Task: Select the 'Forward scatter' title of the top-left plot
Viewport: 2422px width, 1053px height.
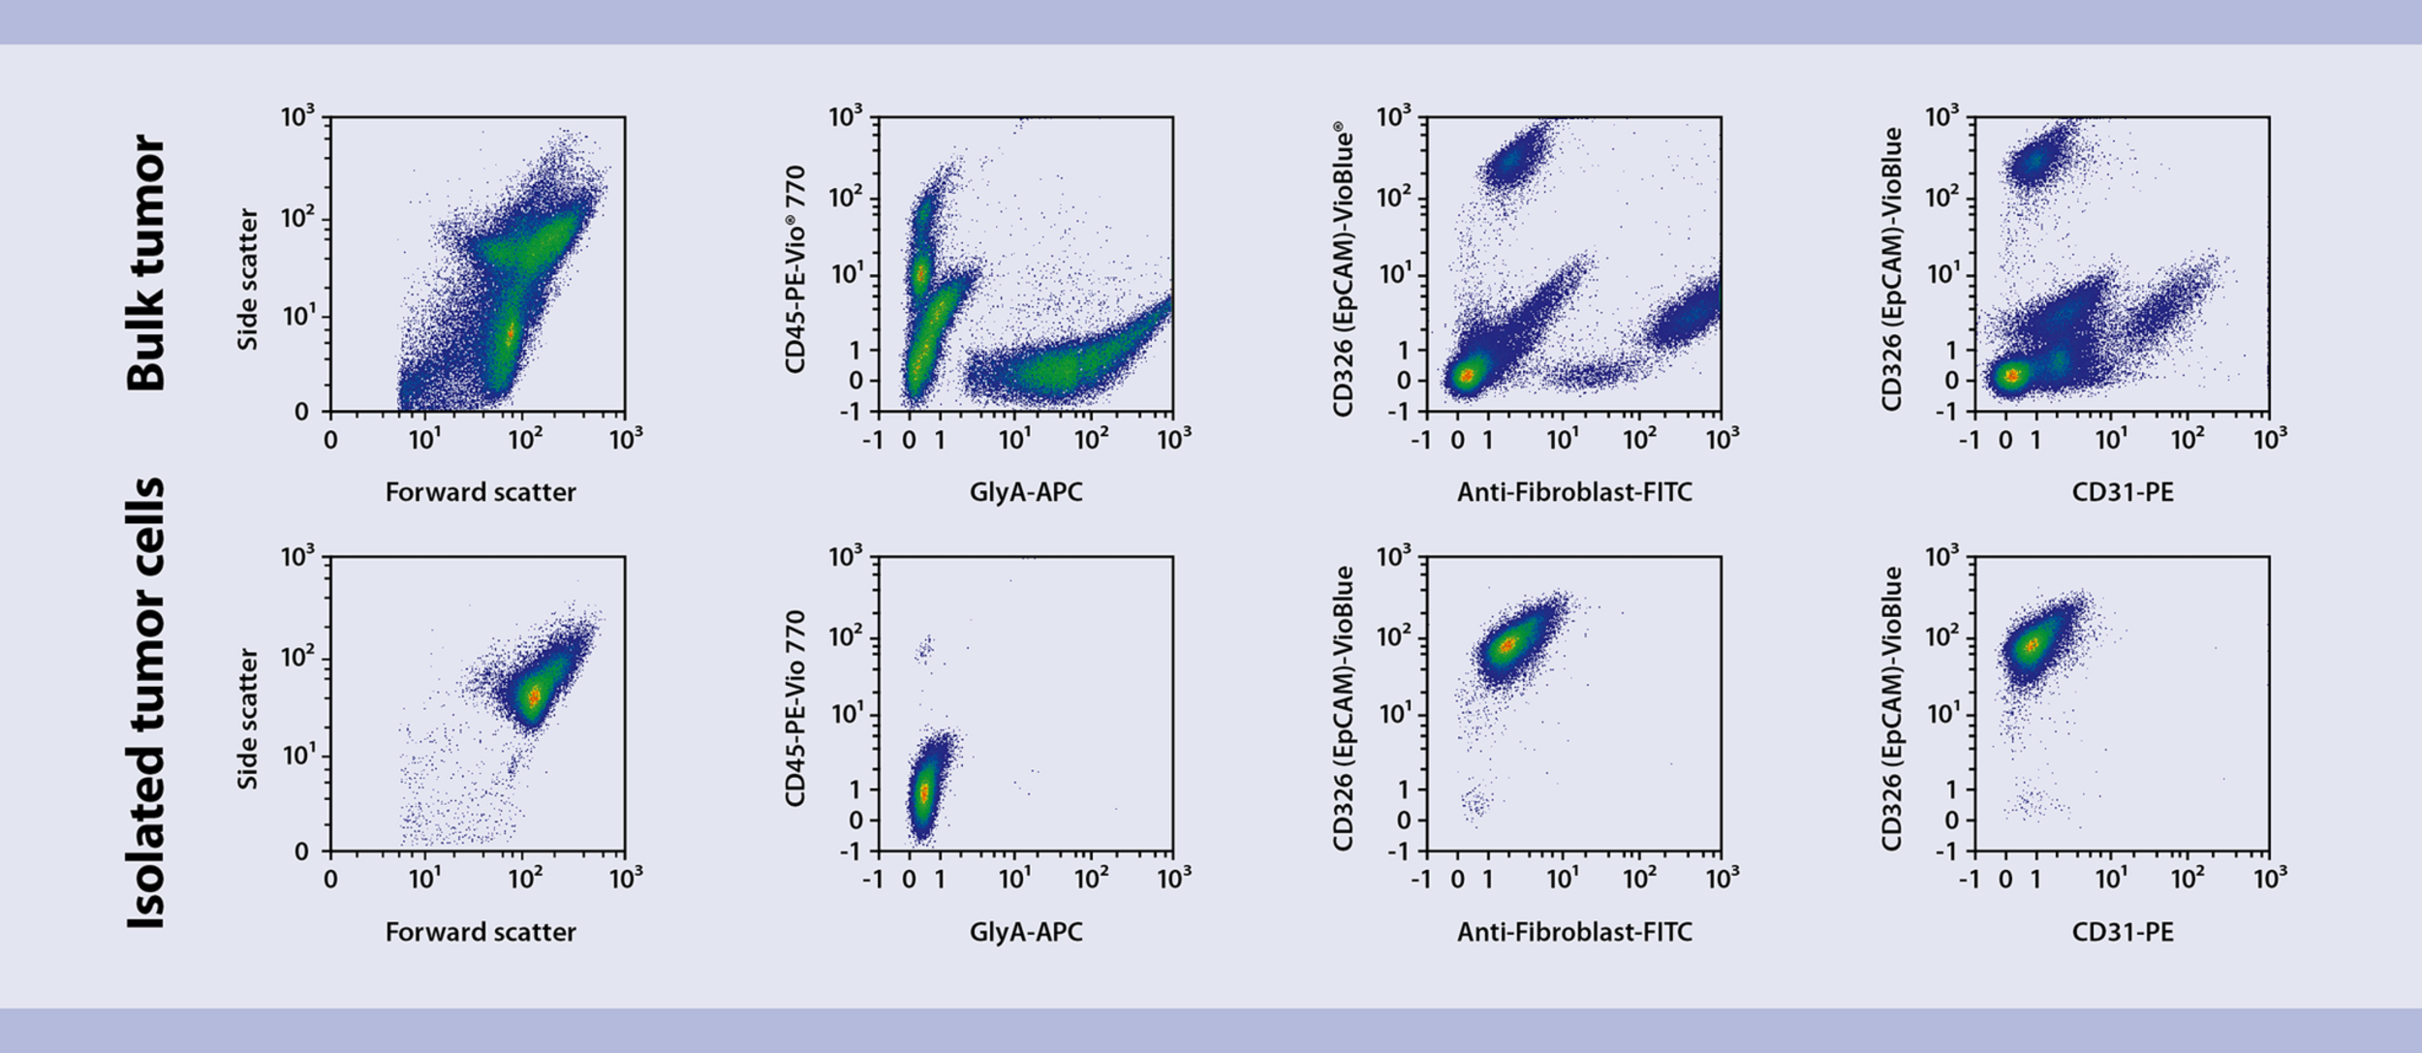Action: (481, 493)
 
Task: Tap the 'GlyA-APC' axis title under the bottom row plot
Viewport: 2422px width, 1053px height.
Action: (1026, 933)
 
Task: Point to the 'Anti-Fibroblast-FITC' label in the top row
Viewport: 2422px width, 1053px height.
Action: (1574, 493)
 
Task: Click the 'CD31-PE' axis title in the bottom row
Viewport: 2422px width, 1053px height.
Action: (2123, 933)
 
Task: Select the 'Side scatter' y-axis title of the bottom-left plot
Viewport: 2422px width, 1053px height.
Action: (248, 719)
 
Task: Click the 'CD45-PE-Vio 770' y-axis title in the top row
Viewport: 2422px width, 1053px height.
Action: (795, 269)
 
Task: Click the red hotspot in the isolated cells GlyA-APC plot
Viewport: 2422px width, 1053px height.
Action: (923, 792)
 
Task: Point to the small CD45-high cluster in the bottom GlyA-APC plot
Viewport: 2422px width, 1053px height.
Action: (925, 650)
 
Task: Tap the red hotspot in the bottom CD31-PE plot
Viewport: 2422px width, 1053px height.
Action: (2033, 644)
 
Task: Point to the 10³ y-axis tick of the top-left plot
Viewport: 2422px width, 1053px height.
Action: (297, 117)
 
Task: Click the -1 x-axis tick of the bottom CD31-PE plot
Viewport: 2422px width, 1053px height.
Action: (1969, 879)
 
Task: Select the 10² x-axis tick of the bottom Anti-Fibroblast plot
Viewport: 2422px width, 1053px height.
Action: (1639, 879)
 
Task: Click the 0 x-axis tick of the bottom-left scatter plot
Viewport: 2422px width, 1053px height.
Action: (330, 879)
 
